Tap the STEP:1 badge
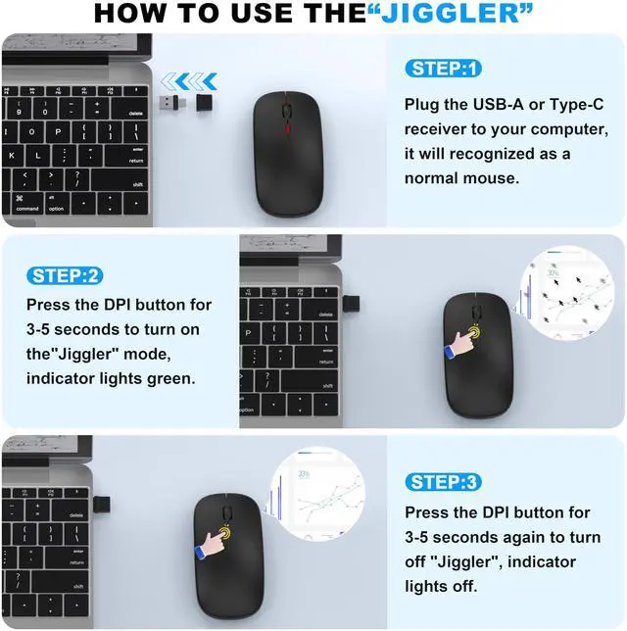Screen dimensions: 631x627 tap(443, 69)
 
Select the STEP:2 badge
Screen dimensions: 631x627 tap(66, 275)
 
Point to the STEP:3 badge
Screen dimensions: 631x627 tap(443, 481)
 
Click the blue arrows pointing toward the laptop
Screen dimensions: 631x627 tap(188, 81)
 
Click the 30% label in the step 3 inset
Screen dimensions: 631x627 tap(303, 474)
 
